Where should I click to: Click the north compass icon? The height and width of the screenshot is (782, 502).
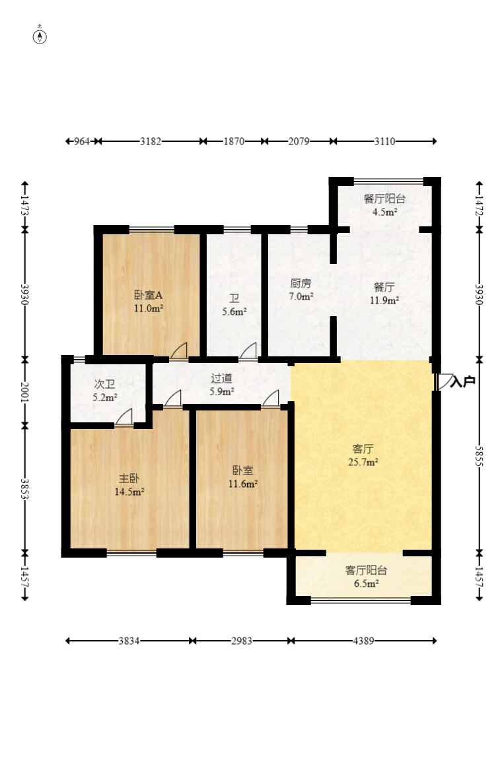(40, 36)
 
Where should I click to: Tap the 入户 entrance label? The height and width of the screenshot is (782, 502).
(462, 381)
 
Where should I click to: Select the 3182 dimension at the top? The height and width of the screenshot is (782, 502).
(150, 141)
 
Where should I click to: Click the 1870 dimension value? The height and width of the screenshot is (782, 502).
(234, 141)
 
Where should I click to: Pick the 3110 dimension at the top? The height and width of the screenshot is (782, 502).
(384, 141)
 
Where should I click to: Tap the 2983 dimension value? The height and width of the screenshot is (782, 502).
(242, 641)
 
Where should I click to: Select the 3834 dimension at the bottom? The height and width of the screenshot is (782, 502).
(129, 641)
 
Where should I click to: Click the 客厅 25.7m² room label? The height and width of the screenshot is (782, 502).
(363, 455)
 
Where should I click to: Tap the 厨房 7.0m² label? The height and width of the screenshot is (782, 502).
(301, 290)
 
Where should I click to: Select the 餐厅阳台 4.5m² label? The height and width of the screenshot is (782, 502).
(384, 205)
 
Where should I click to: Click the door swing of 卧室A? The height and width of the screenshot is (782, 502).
(179, 350)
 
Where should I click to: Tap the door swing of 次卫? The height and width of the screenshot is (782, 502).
(124, 416)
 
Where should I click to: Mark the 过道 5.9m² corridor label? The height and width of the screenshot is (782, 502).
(222, 385)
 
